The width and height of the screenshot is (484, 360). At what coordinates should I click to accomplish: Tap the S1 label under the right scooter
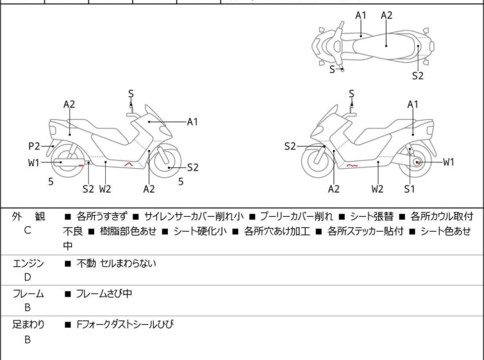[x=410, y=189]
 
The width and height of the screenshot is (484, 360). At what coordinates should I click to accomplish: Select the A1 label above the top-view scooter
[x=361, y=15]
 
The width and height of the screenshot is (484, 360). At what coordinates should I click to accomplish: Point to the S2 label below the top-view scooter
[x=418, y=76]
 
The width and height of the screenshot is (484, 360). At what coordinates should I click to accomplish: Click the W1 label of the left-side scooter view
[x=34, y=162]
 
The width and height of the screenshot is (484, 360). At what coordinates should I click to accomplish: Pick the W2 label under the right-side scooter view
[x=378, y=189]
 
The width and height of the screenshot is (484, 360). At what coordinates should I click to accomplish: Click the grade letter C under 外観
[x=28, y=230]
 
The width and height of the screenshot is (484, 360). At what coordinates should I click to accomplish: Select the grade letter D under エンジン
[x=28, y=277]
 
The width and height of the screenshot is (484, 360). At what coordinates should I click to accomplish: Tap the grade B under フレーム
[x=28, y=307]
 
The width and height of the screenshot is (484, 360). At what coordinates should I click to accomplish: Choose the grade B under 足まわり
[x=28, y=339]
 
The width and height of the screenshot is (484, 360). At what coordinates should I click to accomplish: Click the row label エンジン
[x=28, y=263]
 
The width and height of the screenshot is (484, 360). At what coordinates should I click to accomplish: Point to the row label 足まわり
[x=28, y=325]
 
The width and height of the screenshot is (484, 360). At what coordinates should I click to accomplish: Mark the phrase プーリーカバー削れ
[x=303, y=216]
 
